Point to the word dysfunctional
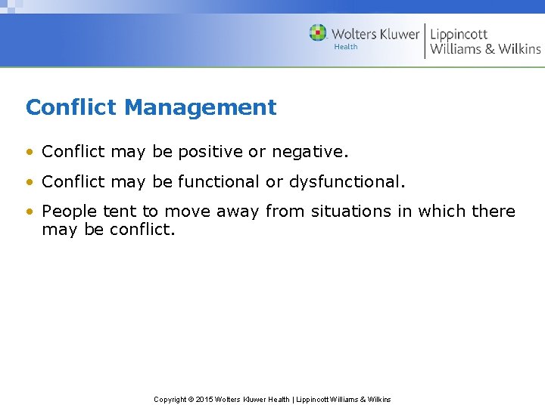pos(347,182)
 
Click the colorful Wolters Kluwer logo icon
pos(318,33)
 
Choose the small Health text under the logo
pos(346,47)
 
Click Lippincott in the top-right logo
pos(459,34)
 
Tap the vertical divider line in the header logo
pos(425,41)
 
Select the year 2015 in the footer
pos(205,399)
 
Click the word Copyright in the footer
pos(170,399)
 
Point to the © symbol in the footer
pos(192,399)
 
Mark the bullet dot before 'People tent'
pos(30,212)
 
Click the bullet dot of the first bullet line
pos(30,153)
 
